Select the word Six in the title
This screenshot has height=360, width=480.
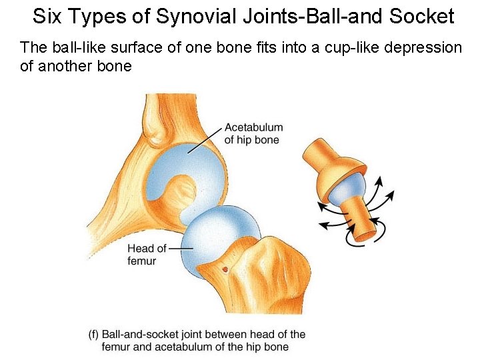coord(46,16)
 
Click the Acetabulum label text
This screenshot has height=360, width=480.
coord(253,127)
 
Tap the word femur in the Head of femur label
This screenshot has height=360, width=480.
coord(141,261)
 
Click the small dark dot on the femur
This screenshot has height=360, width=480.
coord(226,269)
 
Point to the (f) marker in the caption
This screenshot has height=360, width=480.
coord(94,335)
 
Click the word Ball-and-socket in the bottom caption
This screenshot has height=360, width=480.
coord(141,335)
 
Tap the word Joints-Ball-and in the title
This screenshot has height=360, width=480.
coord(303,16)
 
